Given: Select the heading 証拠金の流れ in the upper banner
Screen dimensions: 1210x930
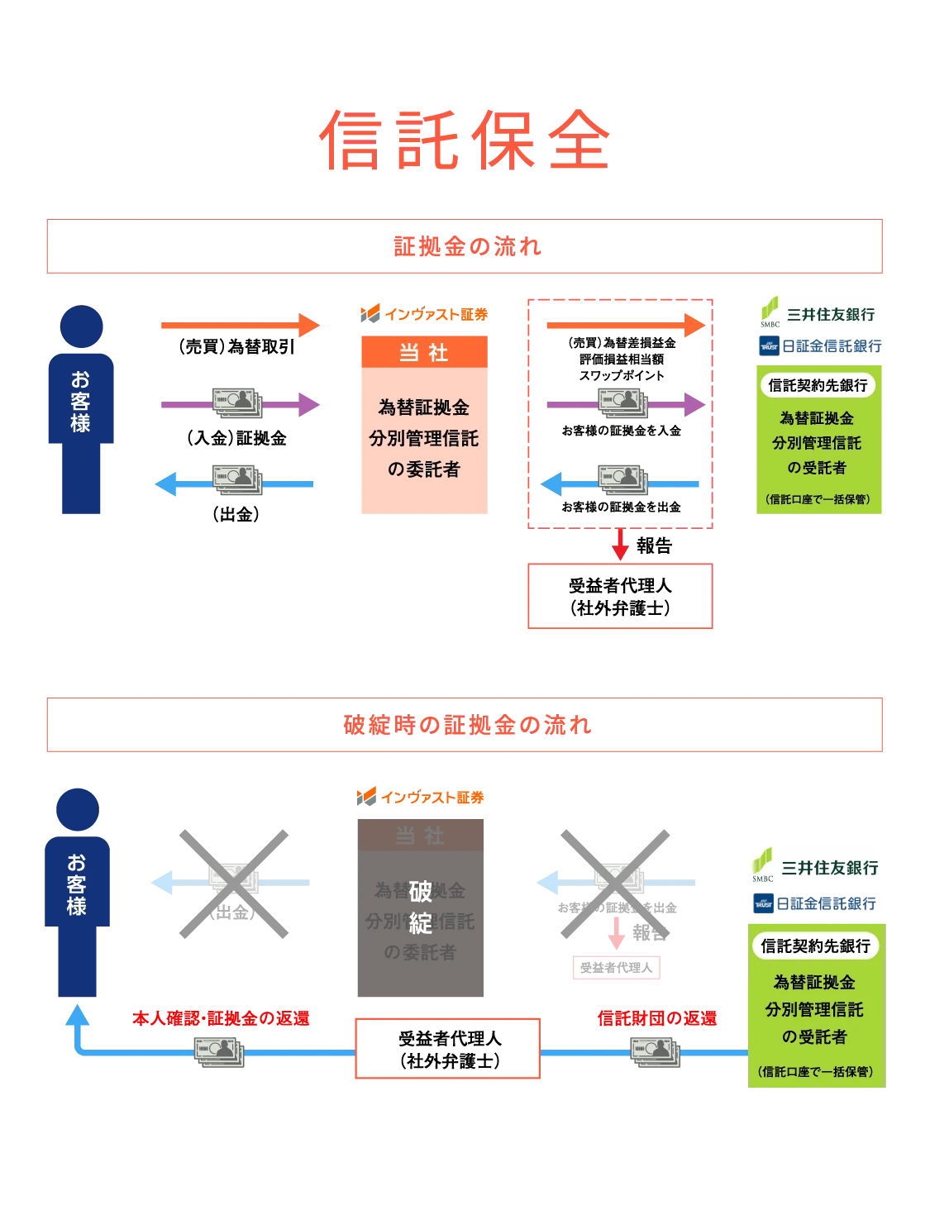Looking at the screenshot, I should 466,246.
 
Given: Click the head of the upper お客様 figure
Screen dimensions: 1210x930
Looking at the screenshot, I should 82,326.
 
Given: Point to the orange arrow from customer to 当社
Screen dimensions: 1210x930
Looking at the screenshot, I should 240,325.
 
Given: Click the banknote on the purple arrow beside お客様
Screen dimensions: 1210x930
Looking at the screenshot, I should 237,403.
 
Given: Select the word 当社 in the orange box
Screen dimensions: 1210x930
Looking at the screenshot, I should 423,353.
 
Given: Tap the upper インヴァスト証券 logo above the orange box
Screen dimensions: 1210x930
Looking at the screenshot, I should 423,313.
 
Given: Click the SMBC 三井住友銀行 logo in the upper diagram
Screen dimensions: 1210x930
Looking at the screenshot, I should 816,314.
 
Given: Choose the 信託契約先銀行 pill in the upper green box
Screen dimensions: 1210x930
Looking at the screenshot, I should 818,385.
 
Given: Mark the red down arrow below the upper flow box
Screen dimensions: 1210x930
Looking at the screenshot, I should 620,545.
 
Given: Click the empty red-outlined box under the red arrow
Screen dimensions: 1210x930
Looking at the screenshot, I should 618,598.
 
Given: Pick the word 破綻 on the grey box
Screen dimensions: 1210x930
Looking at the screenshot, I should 421,907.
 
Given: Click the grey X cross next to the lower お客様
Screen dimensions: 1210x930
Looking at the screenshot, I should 236,883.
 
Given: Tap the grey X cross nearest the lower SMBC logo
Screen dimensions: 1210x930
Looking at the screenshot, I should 614,883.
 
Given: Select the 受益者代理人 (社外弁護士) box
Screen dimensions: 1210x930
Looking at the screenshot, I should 448,1049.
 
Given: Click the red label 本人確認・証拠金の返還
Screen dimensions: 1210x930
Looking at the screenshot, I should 221,1018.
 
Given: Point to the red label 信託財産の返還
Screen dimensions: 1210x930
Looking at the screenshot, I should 657,1018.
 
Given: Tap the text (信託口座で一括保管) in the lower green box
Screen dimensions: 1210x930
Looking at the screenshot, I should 815,1072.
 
